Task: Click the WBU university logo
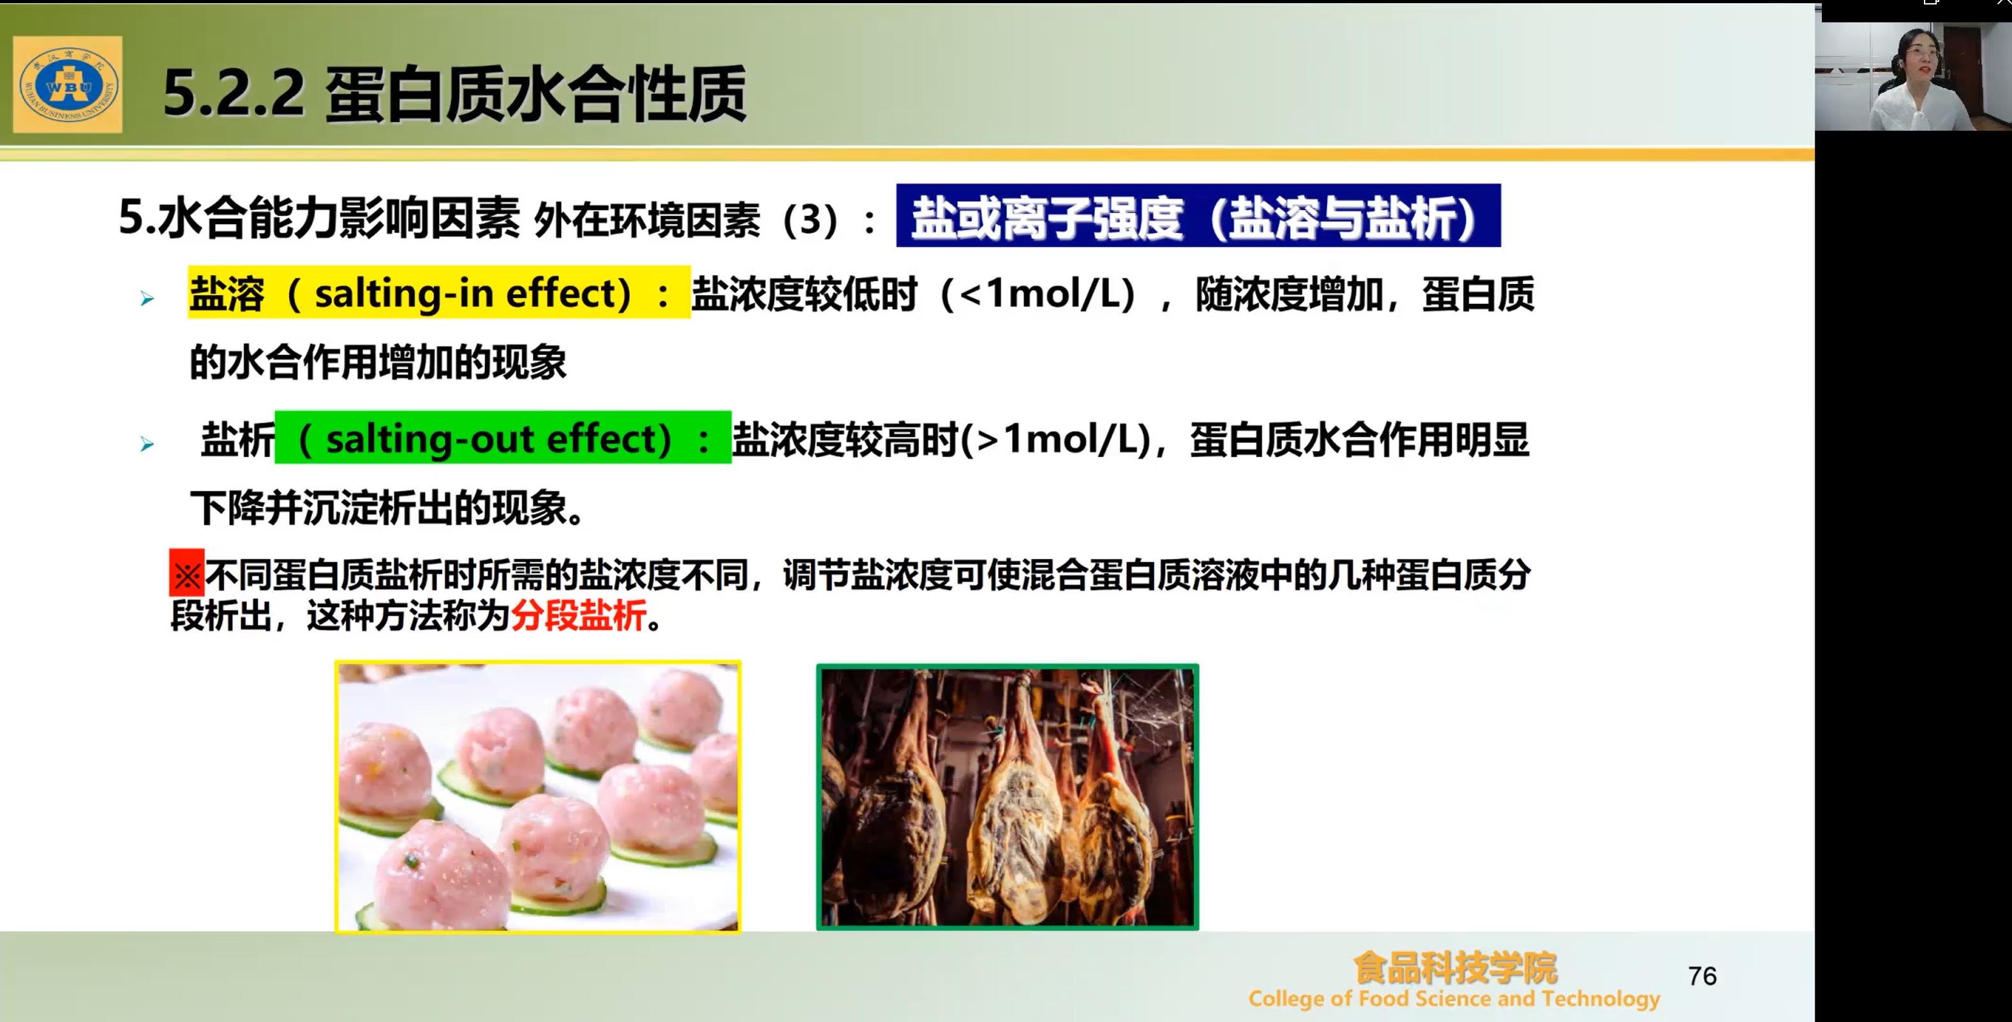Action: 68,84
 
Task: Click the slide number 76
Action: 1702,976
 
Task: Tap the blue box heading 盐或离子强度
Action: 1198,216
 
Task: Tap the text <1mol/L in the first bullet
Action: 1040,294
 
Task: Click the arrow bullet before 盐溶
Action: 147,299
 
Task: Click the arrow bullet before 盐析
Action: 147,444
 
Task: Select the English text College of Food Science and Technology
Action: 1454,998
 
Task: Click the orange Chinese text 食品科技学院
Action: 1455,968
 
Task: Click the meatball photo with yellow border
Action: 538,796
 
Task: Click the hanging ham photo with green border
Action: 1008,797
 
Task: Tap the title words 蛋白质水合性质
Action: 536,94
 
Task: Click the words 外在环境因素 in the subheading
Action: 646,220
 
